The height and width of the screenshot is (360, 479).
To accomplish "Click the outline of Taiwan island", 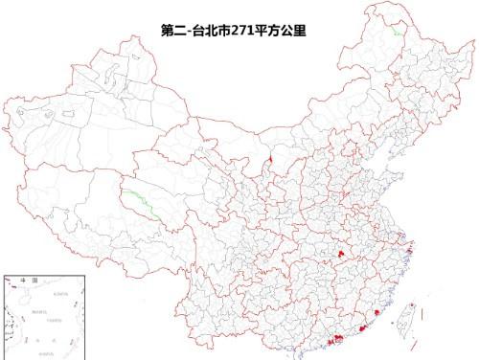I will (x=403, y=320).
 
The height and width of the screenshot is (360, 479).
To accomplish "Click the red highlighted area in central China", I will (x=339, y=252).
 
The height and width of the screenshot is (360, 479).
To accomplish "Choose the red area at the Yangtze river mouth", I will (x=409, y=251).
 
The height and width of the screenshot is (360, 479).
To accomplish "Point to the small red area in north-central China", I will (x=271, y=160).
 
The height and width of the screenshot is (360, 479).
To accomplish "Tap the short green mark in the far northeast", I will (x=396, y=31).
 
